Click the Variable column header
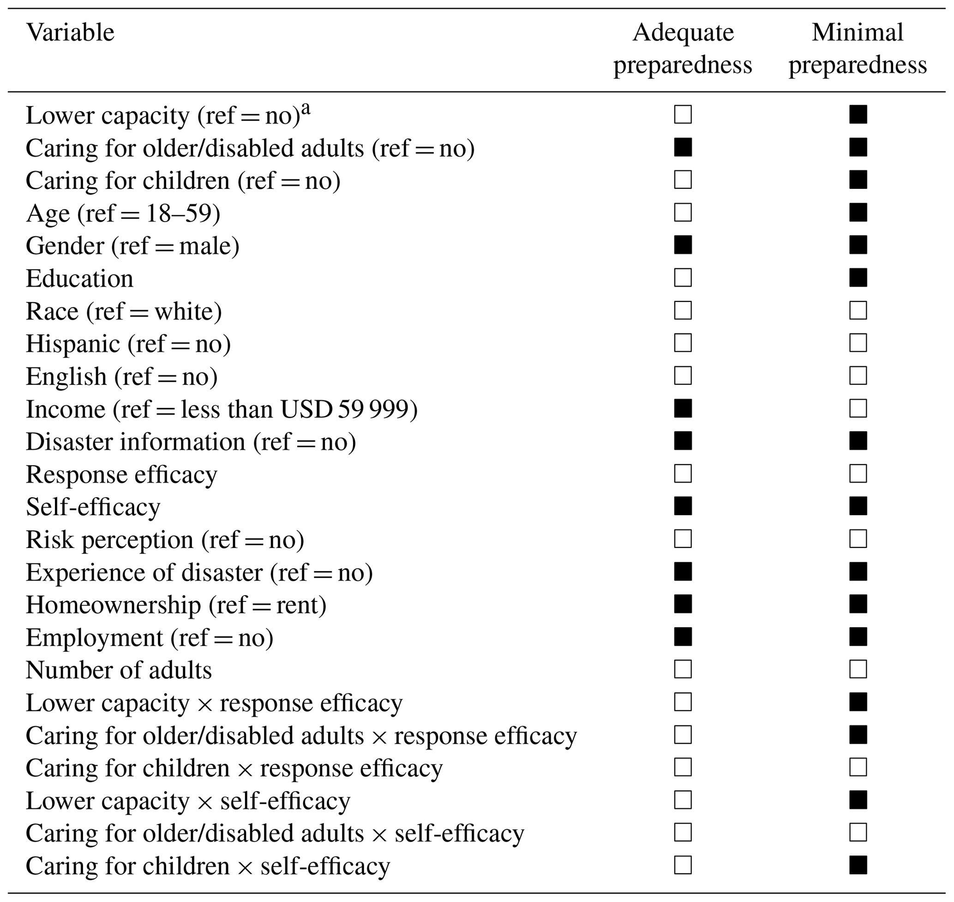[70, 33]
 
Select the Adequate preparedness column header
[683, 48]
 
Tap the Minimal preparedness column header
[858, 48]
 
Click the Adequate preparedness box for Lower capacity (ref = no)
[683, 115]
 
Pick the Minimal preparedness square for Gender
[858, 245]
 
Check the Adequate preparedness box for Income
[683, 409]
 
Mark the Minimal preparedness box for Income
[858, 409]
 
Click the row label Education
[79, 278]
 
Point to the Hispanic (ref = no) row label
[128, 344]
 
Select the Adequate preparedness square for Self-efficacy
[683, 506]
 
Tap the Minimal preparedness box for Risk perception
[858, 539]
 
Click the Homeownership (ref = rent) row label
[176, 605]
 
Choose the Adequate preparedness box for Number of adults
[683, 669]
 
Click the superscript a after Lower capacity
[306, 109]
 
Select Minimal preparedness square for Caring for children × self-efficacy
[858, 866]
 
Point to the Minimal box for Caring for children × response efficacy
[858, 767]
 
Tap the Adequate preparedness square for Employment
[683, 637]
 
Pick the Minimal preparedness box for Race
[858, 311]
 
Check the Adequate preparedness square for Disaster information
[683, 441]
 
